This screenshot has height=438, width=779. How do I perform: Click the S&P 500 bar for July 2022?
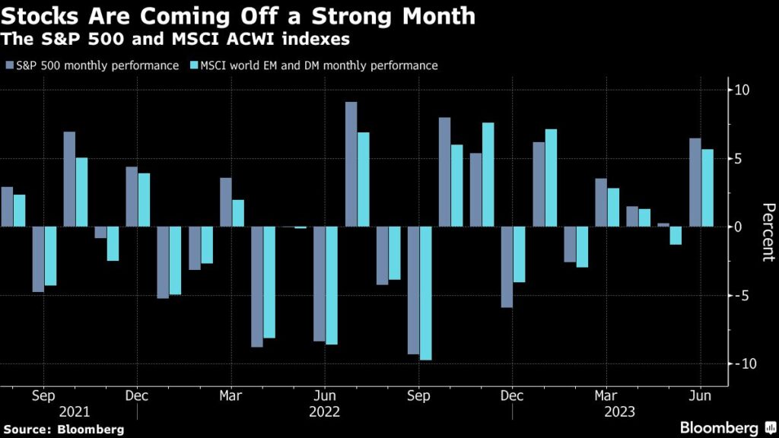click(351, 164)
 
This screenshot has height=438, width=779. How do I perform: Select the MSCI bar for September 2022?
click(426, 293)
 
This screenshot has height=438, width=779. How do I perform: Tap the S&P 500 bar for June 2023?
click(695, 182)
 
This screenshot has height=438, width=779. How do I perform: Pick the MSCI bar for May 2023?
click(676, 236)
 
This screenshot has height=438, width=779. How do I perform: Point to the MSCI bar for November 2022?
click(488, 175)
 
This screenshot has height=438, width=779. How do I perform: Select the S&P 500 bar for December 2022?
click(507, 267)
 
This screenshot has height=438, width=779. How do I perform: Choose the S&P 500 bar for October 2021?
click(69, 179)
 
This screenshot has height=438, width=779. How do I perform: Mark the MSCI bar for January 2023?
click(551, 178)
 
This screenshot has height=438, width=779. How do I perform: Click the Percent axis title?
click(768, 232)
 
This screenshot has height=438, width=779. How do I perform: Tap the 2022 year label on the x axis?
click(325, 411)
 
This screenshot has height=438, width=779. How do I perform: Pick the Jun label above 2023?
click(700, 396)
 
